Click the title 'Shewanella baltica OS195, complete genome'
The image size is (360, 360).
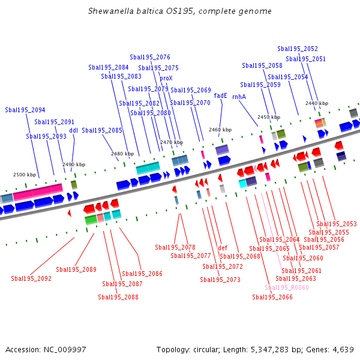coord(180,11)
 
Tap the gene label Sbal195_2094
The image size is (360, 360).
coord(25,110)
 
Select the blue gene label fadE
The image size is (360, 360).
coord(220,95)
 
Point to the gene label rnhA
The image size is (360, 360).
coord(239,97)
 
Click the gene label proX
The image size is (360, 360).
coord(166,78)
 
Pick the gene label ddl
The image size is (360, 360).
coord(73,130)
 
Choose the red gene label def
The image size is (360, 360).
coord(223,248)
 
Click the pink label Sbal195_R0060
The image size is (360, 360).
coord(287,287)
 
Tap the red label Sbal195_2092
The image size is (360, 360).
coord(31,278)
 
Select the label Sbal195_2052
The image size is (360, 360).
coord(298,49)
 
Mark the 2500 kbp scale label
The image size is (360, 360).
coord(25,175)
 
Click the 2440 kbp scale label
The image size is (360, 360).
coord(317,103)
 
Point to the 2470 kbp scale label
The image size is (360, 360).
coord(172,142)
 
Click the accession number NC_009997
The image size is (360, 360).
coord(65,350)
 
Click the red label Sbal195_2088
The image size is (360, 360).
coord(118,297)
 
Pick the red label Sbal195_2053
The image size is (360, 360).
coord(337,224)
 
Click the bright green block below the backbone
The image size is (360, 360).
coord(91,220)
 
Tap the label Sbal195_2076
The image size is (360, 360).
coord(150,57)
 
